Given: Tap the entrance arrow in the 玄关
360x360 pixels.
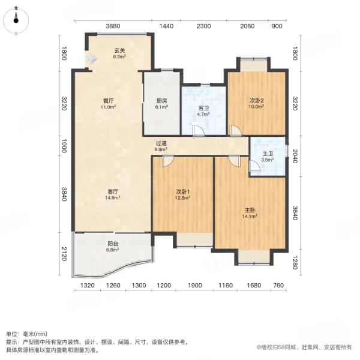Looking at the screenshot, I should click(x=91, y=59).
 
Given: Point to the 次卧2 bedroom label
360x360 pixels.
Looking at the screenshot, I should click(x=257, y=101).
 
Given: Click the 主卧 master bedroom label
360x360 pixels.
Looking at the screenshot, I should click(x=250, y=211).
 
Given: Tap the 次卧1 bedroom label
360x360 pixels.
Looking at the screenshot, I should click(x=183, y=193).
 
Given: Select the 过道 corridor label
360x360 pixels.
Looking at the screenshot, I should click(x=161, y=143).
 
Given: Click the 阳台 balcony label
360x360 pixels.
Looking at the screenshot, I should click(x=112, y=244).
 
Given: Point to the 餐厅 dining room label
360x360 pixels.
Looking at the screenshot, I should click(x=108, y=101).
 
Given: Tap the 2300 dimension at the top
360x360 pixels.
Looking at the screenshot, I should click(x=204, y=26).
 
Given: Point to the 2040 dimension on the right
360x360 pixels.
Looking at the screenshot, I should click(x=295, y=158).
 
